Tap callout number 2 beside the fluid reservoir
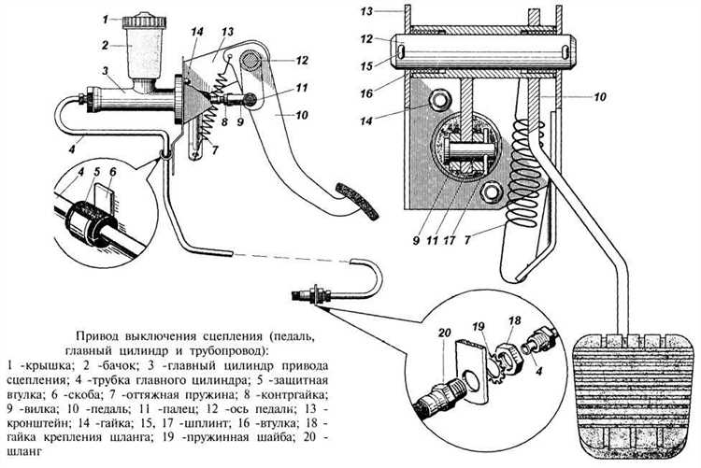107,44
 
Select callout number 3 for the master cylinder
108,70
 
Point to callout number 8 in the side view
225,121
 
